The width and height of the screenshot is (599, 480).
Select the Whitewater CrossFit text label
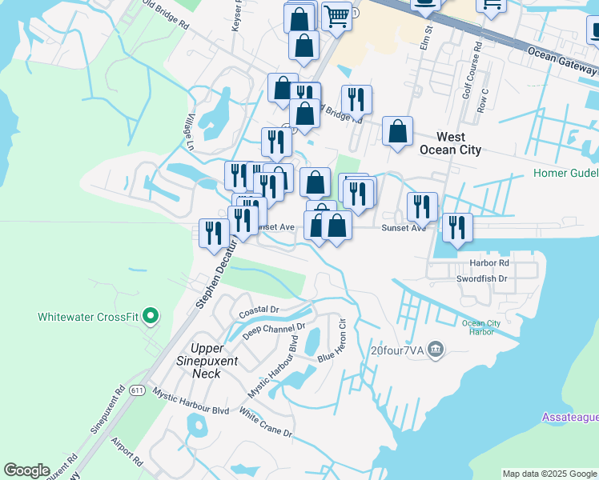tap(88, 317)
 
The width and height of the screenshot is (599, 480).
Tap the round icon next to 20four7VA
tap(436, 348)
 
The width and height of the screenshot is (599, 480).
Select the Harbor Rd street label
tap(490, 262)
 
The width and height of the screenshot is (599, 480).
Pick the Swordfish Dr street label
tap(481, 278)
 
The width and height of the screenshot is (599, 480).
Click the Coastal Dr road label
tap(258, 309)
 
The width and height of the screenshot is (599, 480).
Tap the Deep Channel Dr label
tap(275, 330)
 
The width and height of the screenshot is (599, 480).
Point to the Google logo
tap(26, 470)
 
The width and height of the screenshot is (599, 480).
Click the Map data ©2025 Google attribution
tap(549, 474)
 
